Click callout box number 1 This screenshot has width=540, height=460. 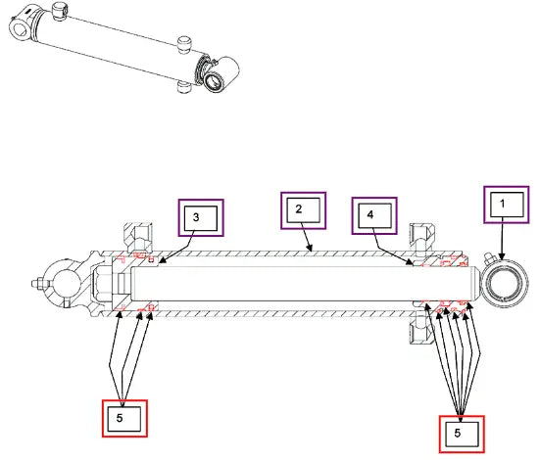coord(507,205)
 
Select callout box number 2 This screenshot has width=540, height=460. coord(303,210)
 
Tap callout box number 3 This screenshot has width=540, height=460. coord(201,218)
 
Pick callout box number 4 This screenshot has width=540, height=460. coord(374,215)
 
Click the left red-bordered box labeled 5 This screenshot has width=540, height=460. coord(124,418)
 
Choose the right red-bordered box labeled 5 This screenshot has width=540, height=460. coord(462,435)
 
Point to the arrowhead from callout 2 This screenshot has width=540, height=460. coord(310,248)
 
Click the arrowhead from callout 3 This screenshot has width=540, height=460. coord(163,261)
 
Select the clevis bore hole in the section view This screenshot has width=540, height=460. coord(66,284)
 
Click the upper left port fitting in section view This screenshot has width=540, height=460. coord(138,237)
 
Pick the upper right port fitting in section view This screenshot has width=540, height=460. coord(421,240)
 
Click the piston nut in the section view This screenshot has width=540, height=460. coord(102,284)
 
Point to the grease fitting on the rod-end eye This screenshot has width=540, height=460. coord(489,258)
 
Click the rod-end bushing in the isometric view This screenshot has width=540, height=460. coord(215,81)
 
